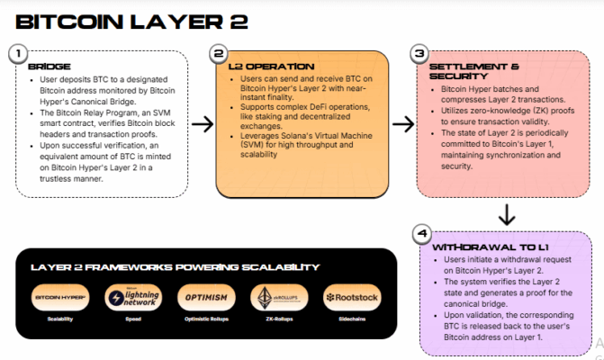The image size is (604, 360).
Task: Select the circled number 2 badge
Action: click(x=218, y=53)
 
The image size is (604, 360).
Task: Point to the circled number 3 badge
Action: click(x=419, y=53)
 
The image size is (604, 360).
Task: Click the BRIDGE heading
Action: click(x=49, y=67)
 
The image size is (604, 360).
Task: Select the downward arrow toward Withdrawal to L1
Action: click(x=507, y=214)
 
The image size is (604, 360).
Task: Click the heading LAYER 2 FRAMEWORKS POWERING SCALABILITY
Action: click(x=175, y=266)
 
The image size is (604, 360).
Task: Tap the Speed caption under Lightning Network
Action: click(x=132, y=319)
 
